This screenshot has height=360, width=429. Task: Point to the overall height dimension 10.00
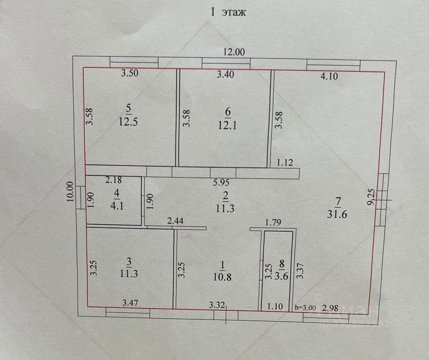(x=70, y=192)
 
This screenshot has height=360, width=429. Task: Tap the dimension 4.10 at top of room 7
(x=329, y=77)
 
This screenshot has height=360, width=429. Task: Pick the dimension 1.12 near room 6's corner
(x=285, y=163)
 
